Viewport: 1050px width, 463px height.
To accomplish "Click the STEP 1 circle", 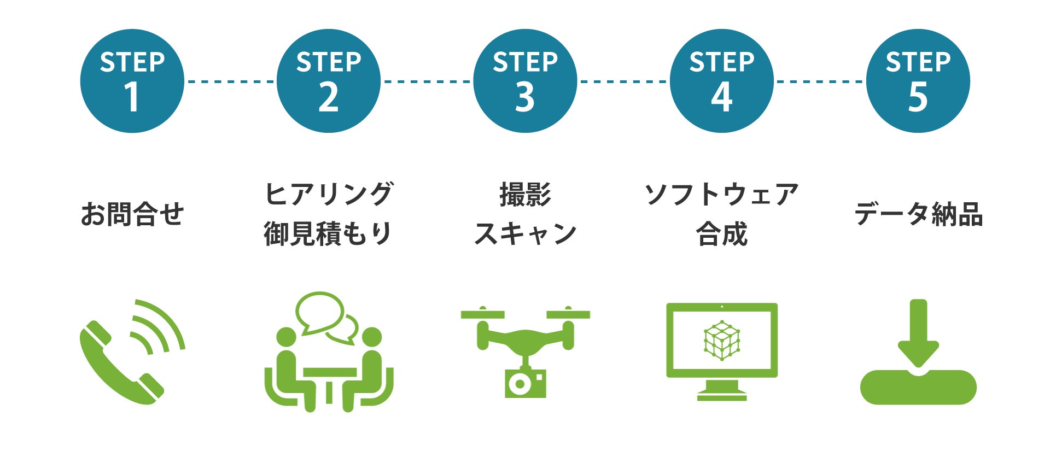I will (x=132, y=81).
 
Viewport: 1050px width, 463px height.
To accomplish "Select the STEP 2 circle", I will (x=328, y=81).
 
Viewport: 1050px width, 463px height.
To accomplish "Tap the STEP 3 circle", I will (x=525, y=81).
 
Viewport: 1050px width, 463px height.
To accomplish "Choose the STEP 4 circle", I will (x=721, y=81).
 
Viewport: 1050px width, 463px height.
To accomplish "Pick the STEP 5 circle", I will (x=918, y=81).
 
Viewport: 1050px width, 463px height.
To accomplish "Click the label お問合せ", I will (x=132, y=214).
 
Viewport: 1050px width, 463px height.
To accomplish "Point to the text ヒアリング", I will (x=328, y=194).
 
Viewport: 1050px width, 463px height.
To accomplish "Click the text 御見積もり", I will (x=328, y=233).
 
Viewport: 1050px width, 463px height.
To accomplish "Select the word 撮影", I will (x=525, y=195).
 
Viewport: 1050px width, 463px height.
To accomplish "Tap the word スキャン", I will (x=525, y=233).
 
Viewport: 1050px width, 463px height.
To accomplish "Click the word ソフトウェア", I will (x=721, y=195).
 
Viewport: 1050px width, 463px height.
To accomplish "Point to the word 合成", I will (x=721, y=234).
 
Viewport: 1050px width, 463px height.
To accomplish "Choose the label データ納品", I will (x=918, y=214).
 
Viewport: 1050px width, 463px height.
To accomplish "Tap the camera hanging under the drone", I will (x=525, y=383).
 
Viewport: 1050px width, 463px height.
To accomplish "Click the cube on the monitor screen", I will (x=722, y=340).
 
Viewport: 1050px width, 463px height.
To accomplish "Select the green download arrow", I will (x=918, y=333).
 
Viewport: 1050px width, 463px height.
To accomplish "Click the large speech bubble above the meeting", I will (x=319, y=310).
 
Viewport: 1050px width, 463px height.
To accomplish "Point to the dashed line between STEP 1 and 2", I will (x=230, y=81).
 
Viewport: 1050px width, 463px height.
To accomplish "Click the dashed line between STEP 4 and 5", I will (x=820, y=81).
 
